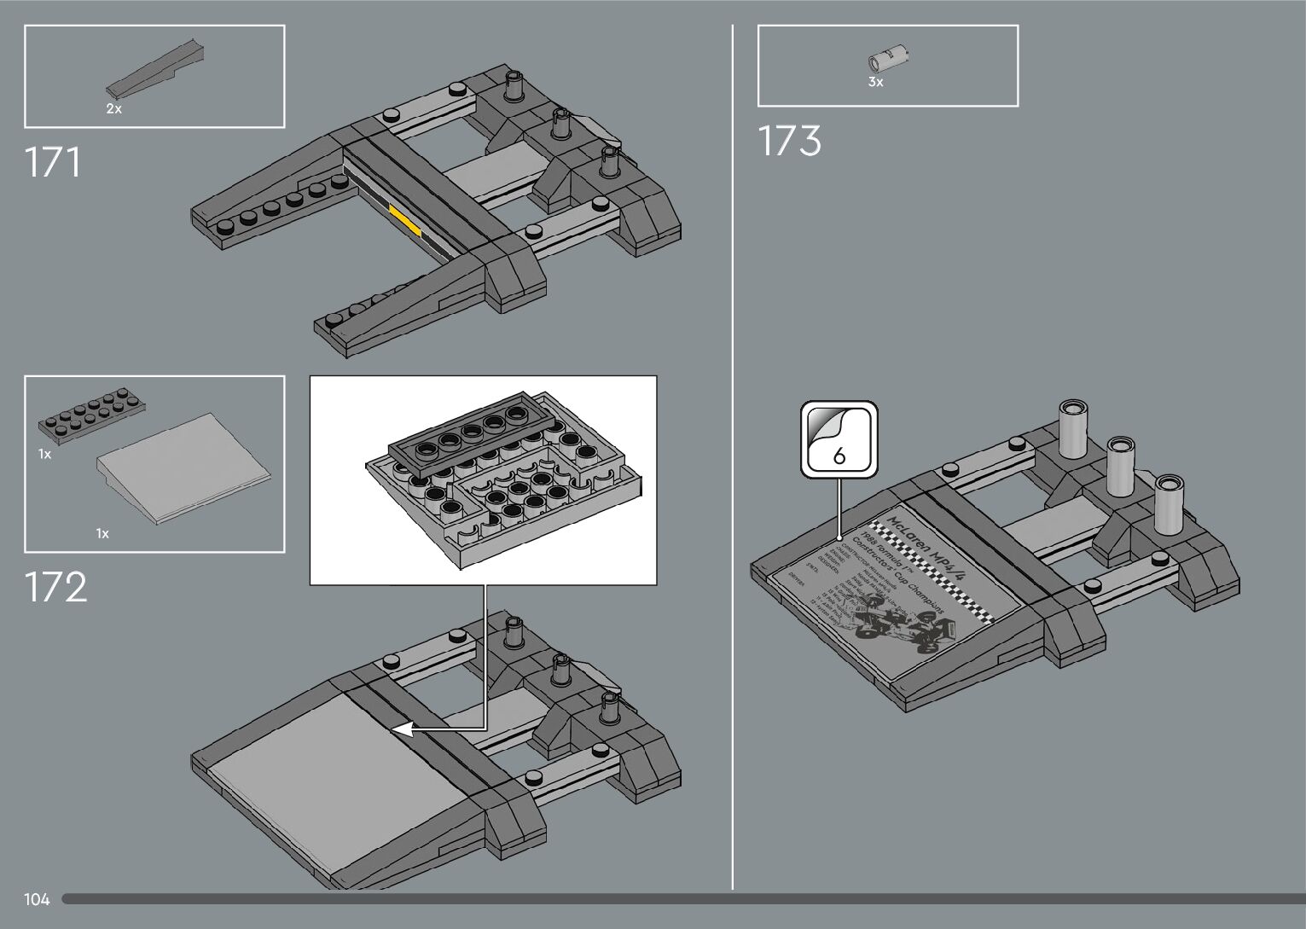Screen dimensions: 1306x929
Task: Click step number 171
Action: (x=53, y=162)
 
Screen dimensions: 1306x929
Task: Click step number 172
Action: (x=55, y=587)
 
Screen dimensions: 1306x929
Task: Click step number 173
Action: (x=789, y=141)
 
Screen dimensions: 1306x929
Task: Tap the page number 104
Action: (x=37, y=899)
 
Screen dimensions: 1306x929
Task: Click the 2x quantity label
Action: (x=113, y=109)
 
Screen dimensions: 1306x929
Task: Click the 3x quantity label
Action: (x=875, y=83)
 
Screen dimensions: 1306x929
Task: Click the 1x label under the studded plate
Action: (x=44, y=455)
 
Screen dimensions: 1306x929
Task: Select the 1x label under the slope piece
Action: (x=102, y=534)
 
